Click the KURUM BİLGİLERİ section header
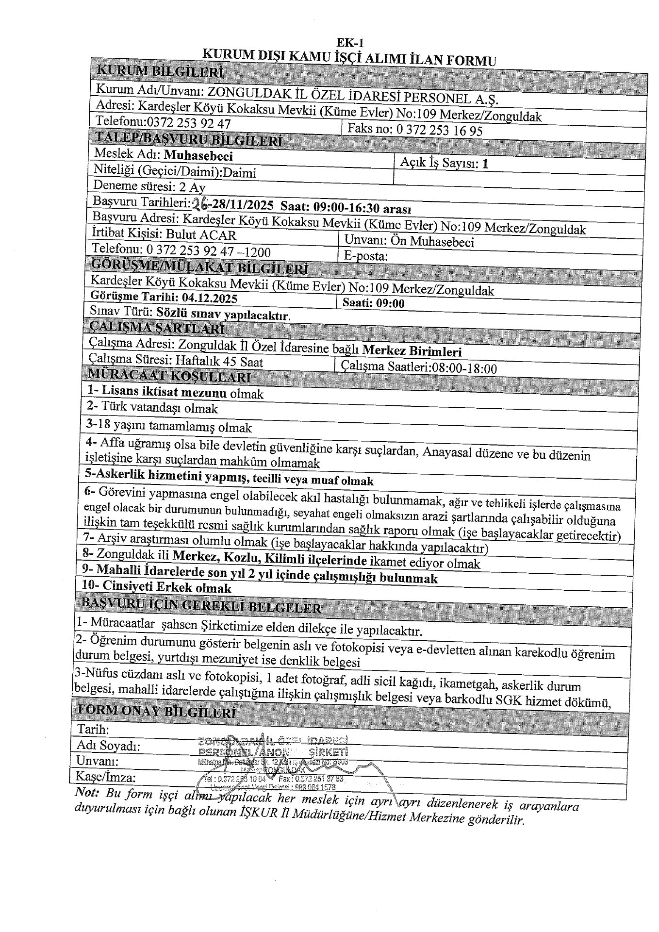(x=160, y=72)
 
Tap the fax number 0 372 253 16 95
(x=439, y=130)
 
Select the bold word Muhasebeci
(x=198, y=155)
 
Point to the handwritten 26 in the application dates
(x=198, y=203)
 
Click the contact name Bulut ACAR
(x=201, y=235)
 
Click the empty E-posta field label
(x=365, y=256)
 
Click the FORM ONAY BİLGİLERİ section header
(x=157, y=712)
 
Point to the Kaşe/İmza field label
(x=105, y=777)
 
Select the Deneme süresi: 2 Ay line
(x=149, y=187)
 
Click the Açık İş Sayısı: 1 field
(x=444, y=164)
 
